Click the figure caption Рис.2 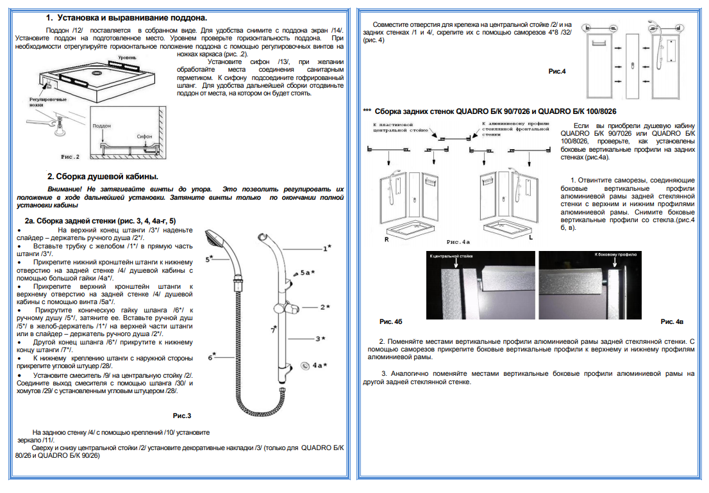70,156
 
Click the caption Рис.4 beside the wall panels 557,71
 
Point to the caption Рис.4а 458,242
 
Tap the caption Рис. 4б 390,321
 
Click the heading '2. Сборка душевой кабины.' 103,176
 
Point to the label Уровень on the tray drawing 126,58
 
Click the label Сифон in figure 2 144,136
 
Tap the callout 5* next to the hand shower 209,259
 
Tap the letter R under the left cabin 387,238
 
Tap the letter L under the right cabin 531,238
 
